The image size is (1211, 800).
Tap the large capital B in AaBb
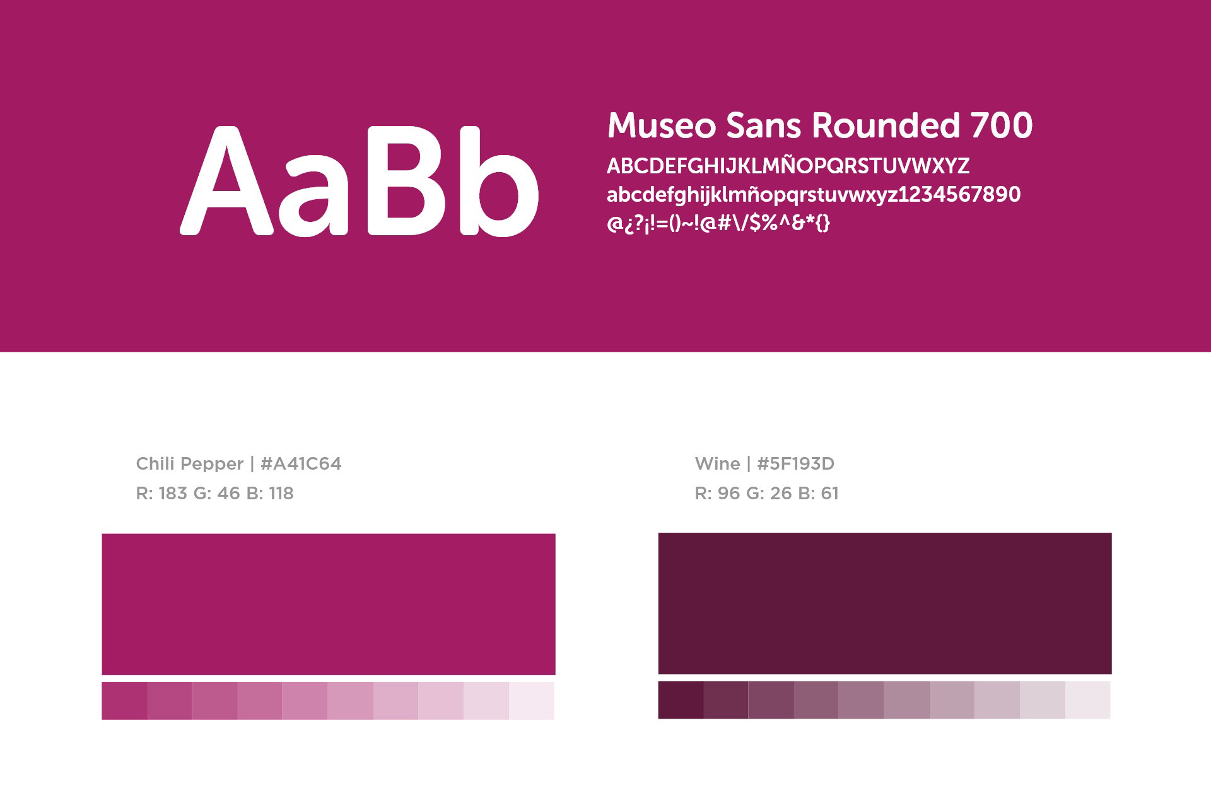pyautogui.click(x=411, y=181)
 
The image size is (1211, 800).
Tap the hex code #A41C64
pyautogui.click(x=301, y=464)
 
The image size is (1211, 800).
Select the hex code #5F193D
pyautogui.click(x=795, y=464)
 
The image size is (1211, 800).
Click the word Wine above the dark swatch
pyautogui.click(x=717, y=464)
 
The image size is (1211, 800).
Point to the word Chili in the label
pyautogui.click(x=155, y=464)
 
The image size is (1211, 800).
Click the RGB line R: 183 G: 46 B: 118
pyautogui.click(x=215, y=493)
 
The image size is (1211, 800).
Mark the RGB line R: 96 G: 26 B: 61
pyautogui.click(x=766, y=493)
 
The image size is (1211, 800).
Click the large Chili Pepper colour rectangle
pyautogui.click(x=329, y=604)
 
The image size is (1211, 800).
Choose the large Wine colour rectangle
pyautogui.click(x=885, y=603)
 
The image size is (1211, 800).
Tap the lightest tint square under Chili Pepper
pyautogui.click(x=532, y=700)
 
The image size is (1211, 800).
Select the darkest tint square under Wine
pyautogui.click(x=681, y=700)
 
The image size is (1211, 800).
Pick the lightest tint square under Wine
pyautogui.click(x=1088, y=700)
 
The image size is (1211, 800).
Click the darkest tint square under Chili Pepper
pyautogui.click(x=124, y=700)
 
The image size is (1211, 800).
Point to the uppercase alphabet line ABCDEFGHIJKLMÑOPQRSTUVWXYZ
pyautogui.click(x=788, y=165)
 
